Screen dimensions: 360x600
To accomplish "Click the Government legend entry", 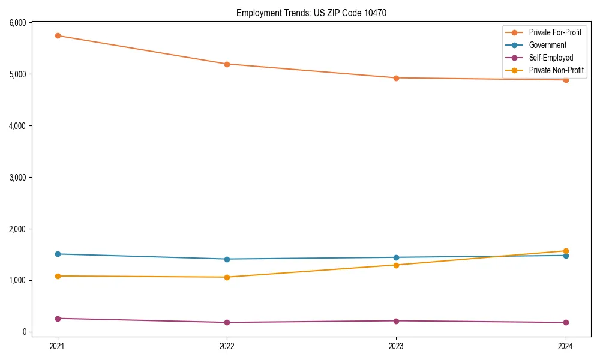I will tap(547, 45).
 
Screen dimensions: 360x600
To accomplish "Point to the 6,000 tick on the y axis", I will tap(17, 23).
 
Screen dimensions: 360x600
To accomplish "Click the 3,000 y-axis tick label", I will tap(17, 178).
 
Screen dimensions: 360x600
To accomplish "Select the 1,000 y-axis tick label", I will tap(17, 280).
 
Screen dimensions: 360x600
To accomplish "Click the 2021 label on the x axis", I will tap(58, 346).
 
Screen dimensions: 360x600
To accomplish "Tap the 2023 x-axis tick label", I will tap(396, 346).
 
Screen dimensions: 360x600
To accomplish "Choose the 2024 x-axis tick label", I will tap(565, 346).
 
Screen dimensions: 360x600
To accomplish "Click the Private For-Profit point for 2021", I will tap(58, 35).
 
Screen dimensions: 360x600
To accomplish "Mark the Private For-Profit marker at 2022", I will tap(227, 64).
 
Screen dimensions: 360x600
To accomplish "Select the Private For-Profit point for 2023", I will tap(396, 78).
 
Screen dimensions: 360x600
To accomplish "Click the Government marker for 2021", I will tap(58, 254).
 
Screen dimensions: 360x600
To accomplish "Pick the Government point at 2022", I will tap(227, 259).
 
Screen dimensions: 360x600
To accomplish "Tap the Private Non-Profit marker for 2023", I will tap(396, 265).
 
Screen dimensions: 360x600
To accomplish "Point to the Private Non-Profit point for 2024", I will tap(565, 251).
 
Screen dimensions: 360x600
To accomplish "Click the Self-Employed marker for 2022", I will tap(227, 322).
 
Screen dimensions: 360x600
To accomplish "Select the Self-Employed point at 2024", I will tap(565, 322).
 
